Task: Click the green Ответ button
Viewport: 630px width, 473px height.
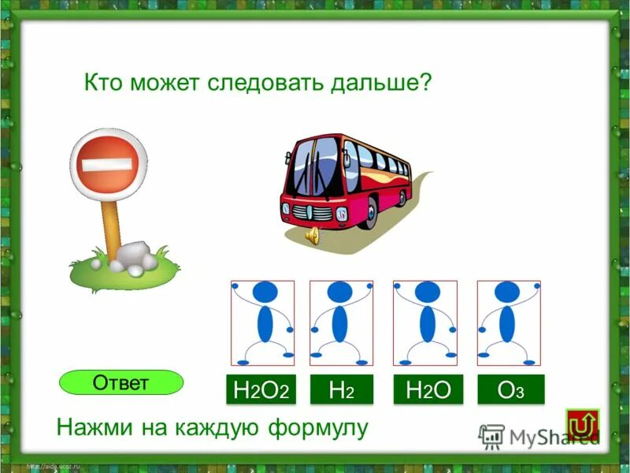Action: pos(120,382)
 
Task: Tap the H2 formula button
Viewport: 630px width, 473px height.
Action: pos(341,389)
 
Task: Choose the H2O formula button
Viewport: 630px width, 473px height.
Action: pos(428,389)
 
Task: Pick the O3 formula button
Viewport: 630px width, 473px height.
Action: pos(510,389)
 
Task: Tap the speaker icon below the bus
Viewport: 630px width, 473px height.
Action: pos(313,235)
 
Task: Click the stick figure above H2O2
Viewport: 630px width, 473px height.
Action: pos(262,322)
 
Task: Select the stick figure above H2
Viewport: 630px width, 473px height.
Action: pos(341,322)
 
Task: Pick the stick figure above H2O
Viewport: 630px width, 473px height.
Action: pos(426,322)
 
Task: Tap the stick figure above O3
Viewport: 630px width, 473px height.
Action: pos(508,322)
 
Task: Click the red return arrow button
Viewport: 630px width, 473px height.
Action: pos(582,424)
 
